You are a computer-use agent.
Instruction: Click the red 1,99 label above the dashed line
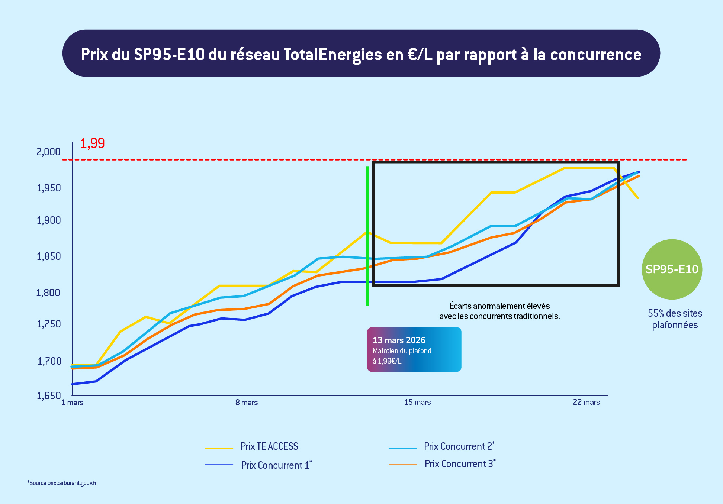click(x=93, y=143)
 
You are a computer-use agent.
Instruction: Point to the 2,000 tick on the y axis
click(x=48, y=152)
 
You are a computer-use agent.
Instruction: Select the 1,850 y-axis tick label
click(x=48, y=256)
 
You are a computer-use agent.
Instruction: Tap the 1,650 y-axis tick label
click(x=48, y=396)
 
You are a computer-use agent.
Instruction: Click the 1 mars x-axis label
click(x=73, y=403)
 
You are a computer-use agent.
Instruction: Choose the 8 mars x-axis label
click(x=247, y=403)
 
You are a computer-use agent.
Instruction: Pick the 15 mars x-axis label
click(x=417, y=402)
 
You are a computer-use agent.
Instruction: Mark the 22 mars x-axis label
click(x=587, y=402)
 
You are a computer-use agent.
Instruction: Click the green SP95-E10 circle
click(x=672, y=269)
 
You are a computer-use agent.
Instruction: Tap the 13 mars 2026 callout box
click(x=414, y=349)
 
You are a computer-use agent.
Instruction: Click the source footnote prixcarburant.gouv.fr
click(x=62, y=483)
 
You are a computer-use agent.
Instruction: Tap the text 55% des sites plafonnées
click(x=675, y=319)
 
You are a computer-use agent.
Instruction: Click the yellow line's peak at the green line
click(x=367, y=233)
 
